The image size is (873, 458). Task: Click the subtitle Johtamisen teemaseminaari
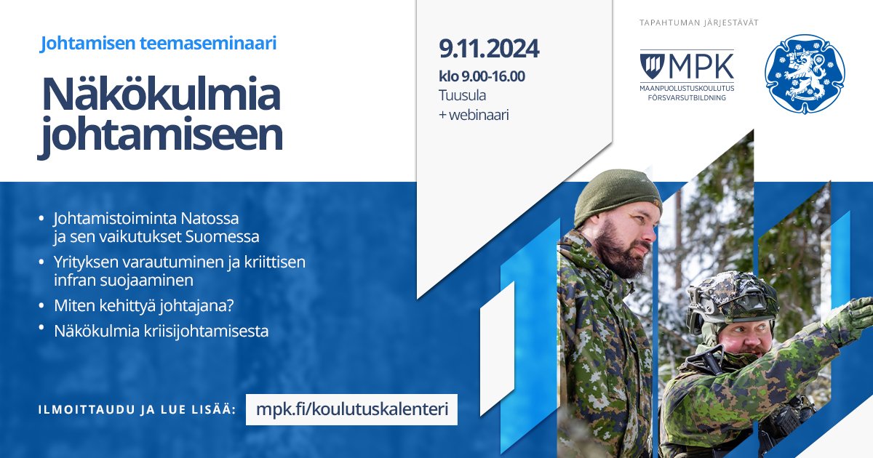click(x=159, y=44)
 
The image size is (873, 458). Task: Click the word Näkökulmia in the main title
click(x=161, y=94)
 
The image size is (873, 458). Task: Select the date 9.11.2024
click(x=489, y=49)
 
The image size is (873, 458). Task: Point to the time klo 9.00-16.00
click(x=482, y=76)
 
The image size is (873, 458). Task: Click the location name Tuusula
click(x=462, y=95)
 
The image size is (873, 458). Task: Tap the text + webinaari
click(x=474, y=115)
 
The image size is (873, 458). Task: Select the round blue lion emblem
click(x=805, y=73)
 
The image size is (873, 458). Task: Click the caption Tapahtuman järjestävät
click(x=698, y=23)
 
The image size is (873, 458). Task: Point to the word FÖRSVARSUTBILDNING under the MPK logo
click(x=687, y=97)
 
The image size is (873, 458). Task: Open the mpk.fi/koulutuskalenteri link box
click(x=351, y=409)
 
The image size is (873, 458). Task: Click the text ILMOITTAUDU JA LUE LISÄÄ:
click(x=137, y=410)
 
